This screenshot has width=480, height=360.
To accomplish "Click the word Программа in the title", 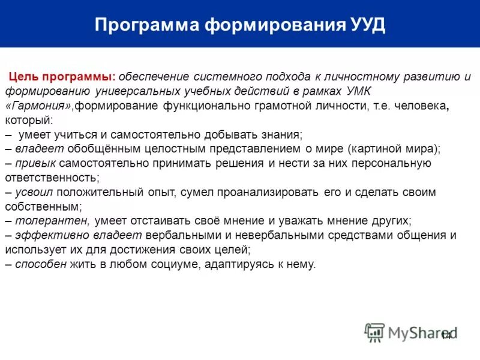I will pos(146,26).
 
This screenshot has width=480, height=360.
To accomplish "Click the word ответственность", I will pos(52,178).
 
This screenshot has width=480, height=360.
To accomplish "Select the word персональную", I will pos(394,163).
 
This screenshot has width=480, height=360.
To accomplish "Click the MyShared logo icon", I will pos(374,332).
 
